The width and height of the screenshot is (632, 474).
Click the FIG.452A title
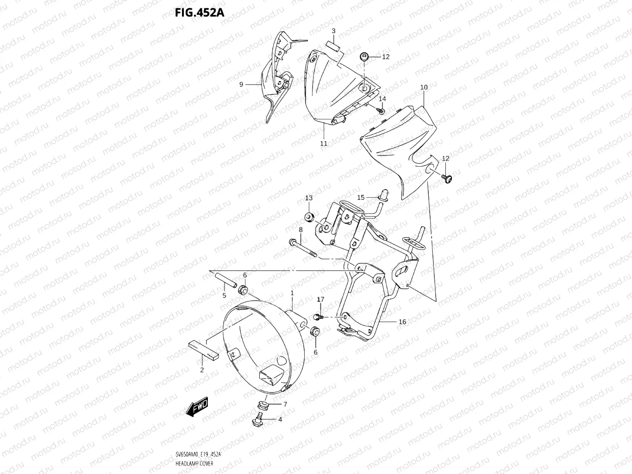pos(199,12)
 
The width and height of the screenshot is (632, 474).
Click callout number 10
pos(424,87)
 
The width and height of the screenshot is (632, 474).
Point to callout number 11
pos(324,143)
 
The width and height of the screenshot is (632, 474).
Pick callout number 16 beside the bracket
pos(402,322)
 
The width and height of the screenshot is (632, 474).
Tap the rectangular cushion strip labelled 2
pos(203,350)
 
